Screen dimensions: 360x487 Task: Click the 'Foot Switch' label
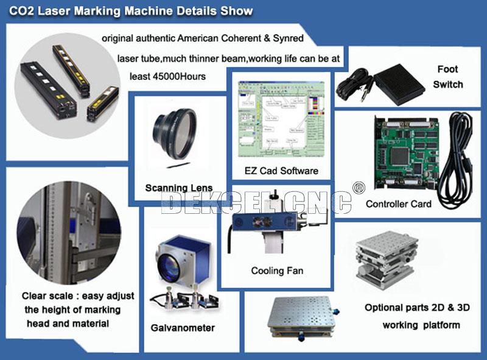pos(447,77)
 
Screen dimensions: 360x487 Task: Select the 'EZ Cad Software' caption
pos(281,171)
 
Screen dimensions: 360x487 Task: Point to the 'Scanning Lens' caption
pos(179,188)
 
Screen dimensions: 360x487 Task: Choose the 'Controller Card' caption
pos(398,204)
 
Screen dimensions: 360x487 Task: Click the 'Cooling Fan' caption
pos(277,270)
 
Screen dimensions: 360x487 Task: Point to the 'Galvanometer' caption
pos(183,328)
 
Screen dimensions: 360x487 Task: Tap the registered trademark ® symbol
pos(359,186)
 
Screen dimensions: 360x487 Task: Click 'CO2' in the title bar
pos(21,12)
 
